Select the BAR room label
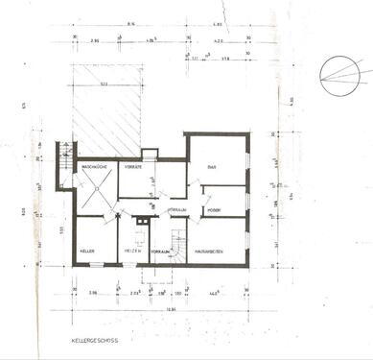click(212, 166)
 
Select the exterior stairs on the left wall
click(64, 164)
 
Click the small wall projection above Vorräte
click(149, 153)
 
